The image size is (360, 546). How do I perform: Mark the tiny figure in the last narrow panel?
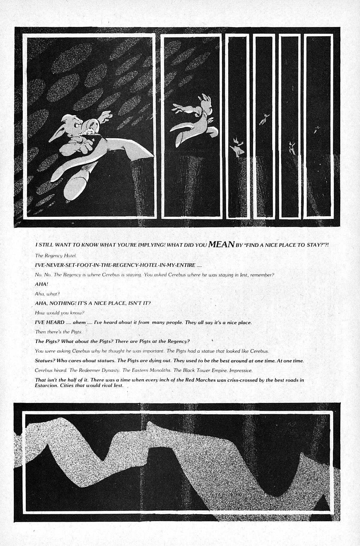pyautogui.click(x=316, y=129)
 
